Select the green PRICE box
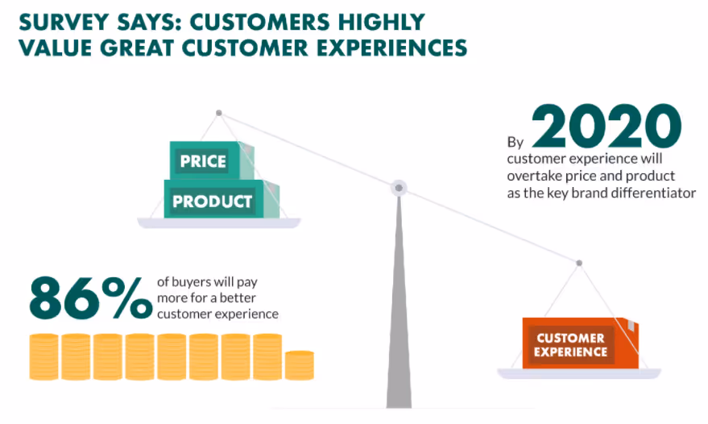coord(203,160)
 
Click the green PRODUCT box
coord(213,200)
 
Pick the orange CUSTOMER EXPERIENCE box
coord(570,344)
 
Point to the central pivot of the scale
coord(398,188)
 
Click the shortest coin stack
coord(300,364)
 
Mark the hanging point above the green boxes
coord(218,112)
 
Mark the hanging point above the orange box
coord(578,262)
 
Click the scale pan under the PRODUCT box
coord(218,222)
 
